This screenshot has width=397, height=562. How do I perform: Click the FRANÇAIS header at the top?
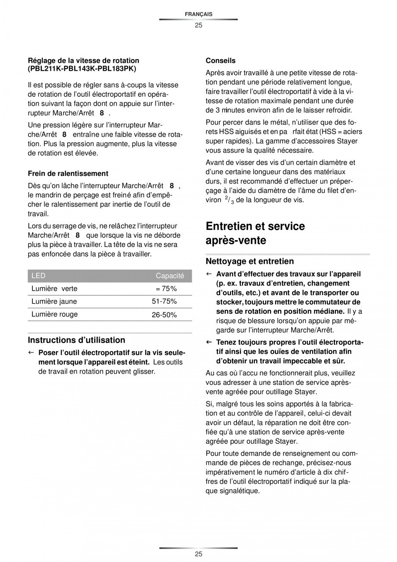(x=198, y=14)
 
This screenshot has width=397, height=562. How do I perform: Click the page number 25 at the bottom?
(x=198, y=554)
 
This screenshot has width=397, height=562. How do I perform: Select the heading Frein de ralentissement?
(x=68, y=173)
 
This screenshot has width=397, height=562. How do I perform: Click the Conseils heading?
(x=221, y=60)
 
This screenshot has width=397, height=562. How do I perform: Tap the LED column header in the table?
(x=38, y=276)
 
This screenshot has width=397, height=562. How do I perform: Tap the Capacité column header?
(x=170, y=276)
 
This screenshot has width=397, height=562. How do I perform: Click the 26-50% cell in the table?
(x=164, y=315)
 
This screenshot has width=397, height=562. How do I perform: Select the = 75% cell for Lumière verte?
(x=166, y=289)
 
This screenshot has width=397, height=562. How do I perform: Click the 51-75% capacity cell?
(x=164, y=302)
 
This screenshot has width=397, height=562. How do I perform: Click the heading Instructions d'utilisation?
(x=76, y=340)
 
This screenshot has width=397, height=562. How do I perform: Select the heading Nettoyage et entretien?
(x=249, y=261)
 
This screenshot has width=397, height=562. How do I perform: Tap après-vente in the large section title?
(x=236, y=241)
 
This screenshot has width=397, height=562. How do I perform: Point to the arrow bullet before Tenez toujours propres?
(x=208, y=343)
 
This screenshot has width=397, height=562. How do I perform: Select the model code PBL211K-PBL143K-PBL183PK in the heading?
(x=82, y=68)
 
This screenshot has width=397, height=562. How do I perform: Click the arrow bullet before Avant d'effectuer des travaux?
(x=208, y=274)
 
